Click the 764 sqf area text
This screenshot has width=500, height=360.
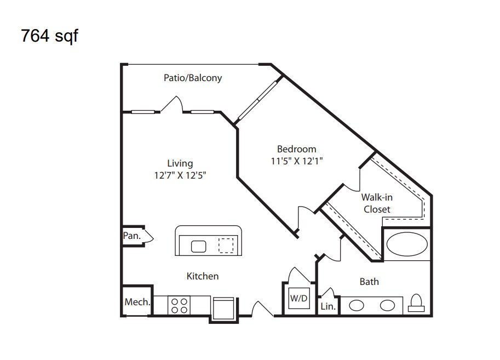[x=49, y=36]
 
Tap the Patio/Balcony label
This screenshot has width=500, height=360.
[x=193, y=78]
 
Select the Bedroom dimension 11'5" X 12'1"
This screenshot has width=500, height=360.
[x=297, y=161]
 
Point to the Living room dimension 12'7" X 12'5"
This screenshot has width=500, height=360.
[x=180, y=175]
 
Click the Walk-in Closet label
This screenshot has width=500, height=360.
[x=377, y=203]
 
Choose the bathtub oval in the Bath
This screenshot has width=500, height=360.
[x=407, y=244]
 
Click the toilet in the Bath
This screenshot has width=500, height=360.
[x=416, y=302]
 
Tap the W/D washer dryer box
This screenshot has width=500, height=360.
[x=299, y=298]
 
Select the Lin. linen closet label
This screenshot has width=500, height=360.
[x=328, y=306]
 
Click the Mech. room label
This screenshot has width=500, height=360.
[x=137, y=302]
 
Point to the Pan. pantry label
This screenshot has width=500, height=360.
[x=131, y=236]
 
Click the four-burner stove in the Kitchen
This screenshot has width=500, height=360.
[x=179, y=305]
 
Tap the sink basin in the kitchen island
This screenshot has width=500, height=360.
[x=198, y=247]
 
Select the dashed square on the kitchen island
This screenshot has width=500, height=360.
[x=226, y=245]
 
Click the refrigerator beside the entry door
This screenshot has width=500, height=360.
[x=223, y=308]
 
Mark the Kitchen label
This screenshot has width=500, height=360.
[x=203, y=276]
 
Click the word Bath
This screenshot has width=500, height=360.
[x=369, y=282]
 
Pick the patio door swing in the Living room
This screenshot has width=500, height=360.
[x=173, y=104]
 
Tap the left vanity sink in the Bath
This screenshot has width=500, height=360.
[x=357, y=305]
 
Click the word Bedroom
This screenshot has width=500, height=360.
[x=297, y=149]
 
